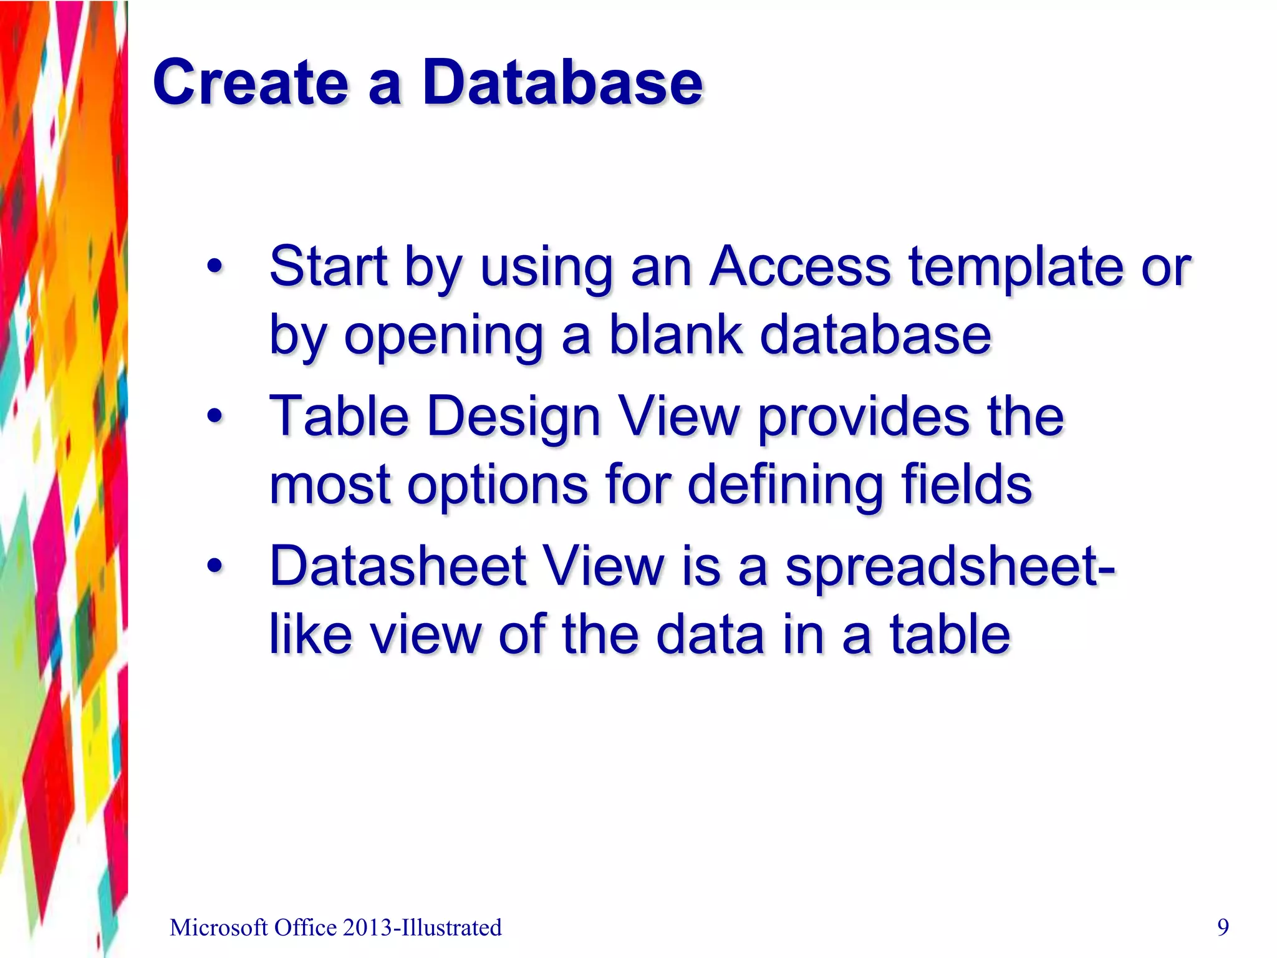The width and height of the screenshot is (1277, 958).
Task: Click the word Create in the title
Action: pos(250,83)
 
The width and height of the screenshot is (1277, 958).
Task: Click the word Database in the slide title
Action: pos(562,83)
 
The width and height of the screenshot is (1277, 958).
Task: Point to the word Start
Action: pos(328,267)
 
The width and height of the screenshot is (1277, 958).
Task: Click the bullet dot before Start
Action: pos(214,268)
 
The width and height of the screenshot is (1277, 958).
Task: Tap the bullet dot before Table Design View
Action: pos(214,416)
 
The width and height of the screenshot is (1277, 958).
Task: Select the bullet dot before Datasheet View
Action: pos(214,566)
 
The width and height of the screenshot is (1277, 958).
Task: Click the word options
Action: pos(497,485)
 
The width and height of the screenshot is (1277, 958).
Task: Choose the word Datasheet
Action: pos(398,566)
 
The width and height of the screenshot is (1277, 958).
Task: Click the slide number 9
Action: pos(1223,927)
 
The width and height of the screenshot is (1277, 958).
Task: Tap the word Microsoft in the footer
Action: pos(218,928)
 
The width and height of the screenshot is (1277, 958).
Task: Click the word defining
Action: pos(786,485)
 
